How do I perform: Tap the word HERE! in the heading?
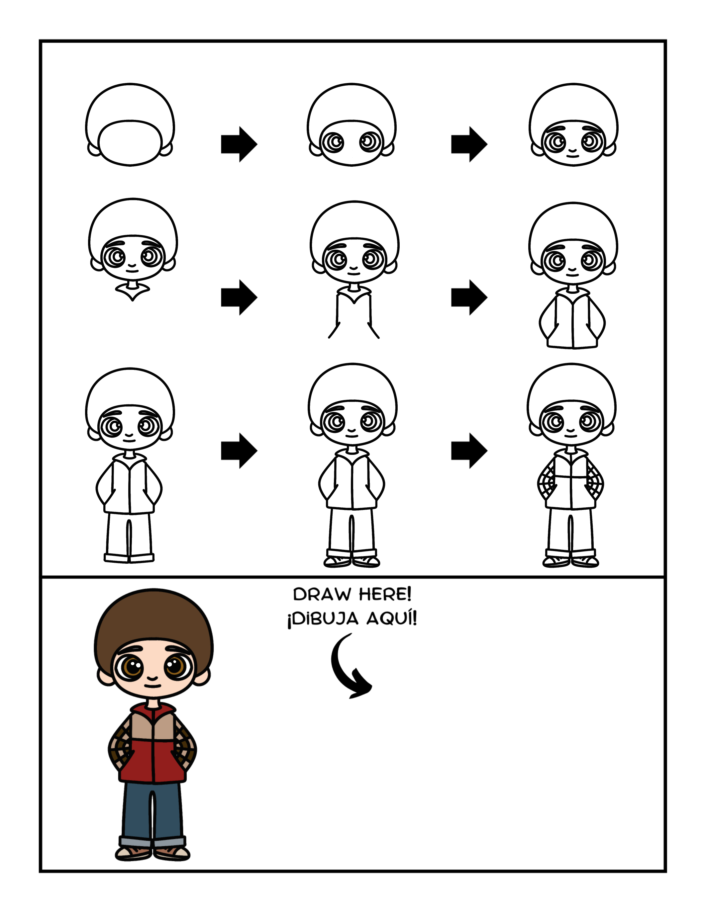tap(385, 594)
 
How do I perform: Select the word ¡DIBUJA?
tap(323, 619)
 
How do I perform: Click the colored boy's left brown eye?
tap(133, 667)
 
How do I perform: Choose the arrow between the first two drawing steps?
tap(239, 144)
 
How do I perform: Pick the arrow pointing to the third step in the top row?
tap(469, 144)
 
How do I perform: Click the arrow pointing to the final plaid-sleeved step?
tap(469, 451)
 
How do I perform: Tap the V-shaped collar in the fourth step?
tap(133, 292)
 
